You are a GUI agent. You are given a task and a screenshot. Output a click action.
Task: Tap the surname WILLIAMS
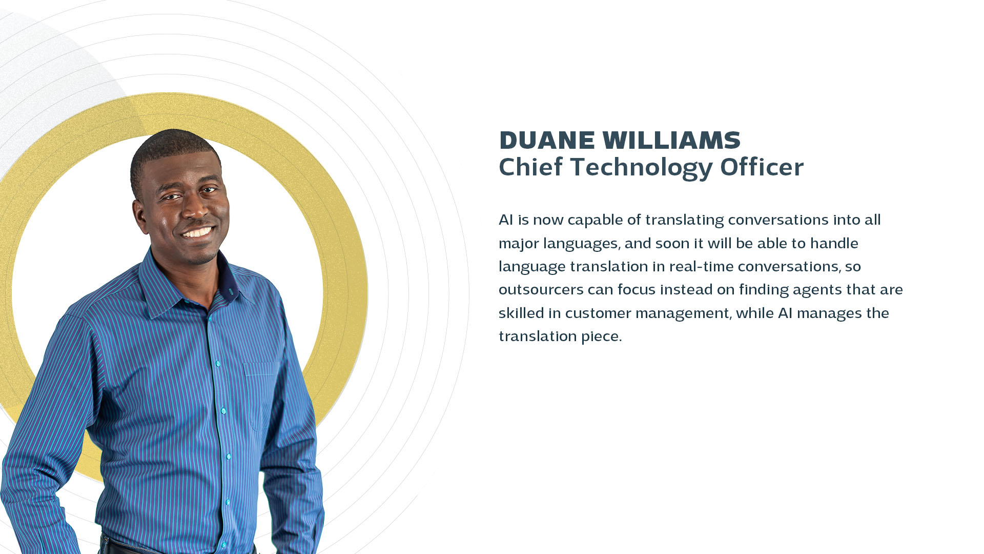[x=671, y=140]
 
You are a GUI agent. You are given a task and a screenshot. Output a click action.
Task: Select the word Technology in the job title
[x=641, y=168]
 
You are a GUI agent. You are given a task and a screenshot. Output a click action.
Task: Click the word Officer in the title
[x=762, y=167]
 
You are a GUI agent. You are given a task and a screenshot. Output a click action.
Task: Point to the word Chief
[x=531, y=167]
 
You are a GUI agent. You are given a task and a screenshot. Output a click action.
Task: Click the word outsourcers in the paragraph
[x=541, y=290]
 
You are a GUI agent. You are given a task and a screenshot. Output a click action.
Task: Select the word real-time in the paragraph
[x=701, y=266]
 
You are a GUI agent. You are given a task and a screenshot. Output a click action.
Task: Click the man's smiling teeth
[x=198, y=233]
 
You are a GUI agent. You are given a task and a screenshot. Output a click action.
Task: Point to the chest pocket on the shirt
[x=261, y=395]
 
